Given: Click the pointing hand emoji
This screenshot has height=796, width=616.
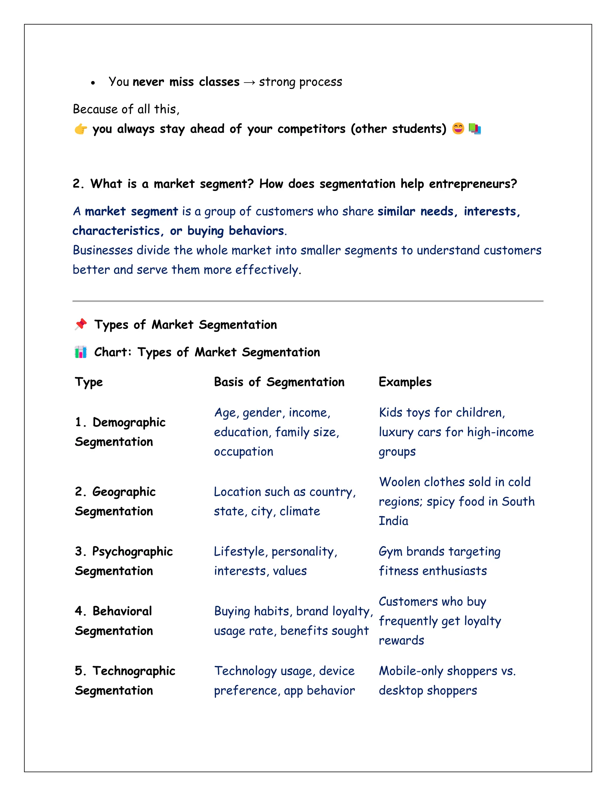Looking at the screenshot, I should pyautogui.click(x=81, y=129).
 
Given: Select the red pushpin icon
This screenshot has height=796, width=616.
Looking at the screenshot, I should pyautogui.click(x=81, y=324).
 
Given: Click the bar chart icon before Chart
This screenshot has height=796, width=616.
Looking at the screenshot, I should pyautogui.click(x=81, y=352).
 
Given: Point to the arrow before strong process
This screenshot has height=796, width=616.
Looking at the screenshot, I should pyautogui.click(x=249, y=83).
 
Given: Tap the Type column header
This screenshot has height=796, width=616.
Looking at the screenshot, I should pyautogui.click(x=89, y=382).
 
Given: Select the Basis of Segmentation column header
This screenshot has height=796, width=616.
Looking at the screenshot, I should pyautogui.click(x=279, y=382).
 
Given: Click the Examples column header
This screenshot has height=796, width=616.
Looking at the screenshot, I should pyautogui.click(x=405, y=382).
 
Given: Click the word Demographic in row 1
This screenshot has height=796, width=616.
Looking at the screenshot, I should pyautogui.click(x=129, y=422).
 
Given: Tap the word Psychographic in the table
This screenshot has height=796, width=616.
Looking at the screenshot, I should pyautogui.click(x=132, y=552).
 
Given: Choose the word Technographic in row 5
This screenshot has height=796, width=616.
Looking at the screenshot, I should pyautogui.click(x=134, y=671).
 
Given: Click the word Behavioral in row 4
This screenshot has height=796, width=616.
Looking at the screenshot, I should pyautogui.click(x=122, y=611).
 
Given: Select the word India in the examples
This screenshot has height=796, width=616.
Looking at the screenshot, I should pyautogui.click(x=393, y=521).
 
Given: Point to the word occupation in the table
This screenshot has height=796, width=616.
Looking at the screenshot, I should pyautogui.click(x=243, y=452).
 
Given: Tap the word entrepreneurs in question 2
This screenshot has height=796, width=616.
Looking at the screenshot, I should pyautogui.click(x=473, y=184).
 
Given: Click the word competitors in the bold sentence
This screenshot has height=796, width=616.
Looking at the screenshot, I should pyautogui.click(x=311, y=129).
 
